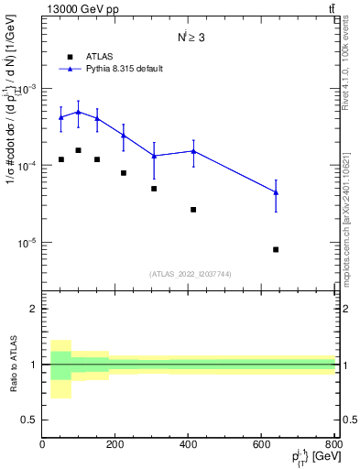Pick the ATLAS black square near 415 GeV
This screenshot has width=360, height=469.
193,210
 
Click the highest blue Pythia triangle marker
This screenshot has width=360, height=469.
79,112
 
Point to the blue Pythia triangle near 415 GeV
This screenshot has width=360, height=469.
193,151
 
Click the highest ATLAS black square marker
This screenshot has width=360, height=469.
79,150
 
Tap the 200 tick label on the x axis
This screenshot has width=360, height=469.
115,446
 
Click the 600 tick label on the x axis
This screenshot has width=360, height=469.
262,446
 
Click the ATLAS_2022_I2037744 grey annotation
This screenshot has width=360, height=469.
189,274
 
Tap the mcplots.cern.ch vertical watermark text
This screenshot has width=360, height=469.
352,220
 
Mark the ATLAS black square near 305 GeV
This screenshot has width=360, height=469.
154,189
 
